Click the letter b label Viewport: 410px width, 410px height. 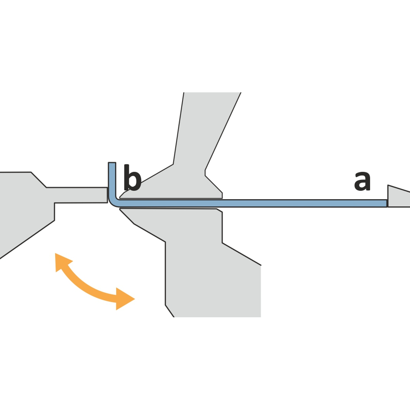click(132, 177)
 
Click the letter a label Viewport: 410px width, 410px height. click(362, 181)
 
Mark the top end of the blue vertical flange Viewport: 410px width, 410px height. click(112, 163)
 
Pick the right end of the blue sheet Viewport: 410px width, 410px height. click(387, 203)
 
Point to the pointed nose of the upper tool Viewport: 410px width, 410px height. click(120, 197)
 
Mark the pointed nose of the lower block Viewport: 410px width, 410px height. click(120, 209)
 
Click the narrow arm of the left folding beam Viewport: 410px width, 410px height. click(79, 195)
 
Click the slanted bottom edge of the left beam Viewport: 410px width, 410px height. click(27, 240)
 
